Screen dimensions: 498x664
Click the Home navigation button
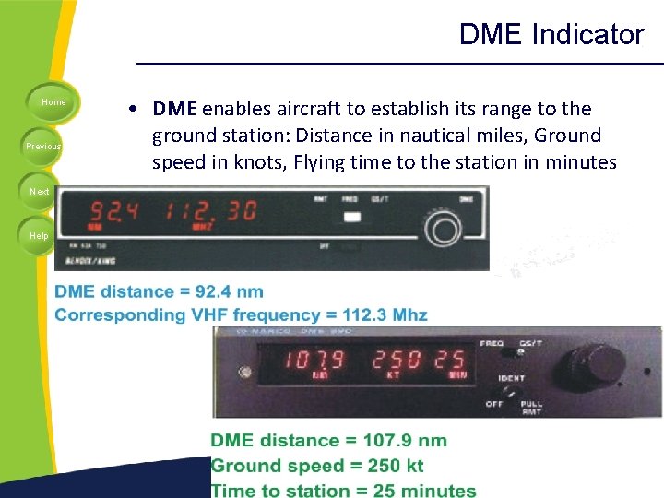pos(53,102)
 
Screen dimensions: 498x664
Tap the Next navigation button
pos(39,191)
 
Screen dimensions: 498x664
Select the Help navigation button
pos(39,235)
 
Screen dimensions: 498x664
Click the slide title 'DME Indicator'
pos(551,35)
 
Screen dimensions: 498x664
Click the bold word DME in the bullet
pos(175,109)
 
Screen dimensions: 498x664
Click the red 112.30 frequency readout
pos(211,211)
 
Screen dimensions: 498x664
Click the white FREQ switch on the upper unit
pos(350,218)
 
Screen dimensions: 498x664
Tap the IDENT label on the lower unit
pos(512,378)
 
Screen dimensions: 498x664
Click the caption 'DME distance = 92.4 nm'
pos(159,292)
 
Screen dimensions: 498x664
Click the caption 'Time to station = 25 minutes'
pos(343,491)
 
